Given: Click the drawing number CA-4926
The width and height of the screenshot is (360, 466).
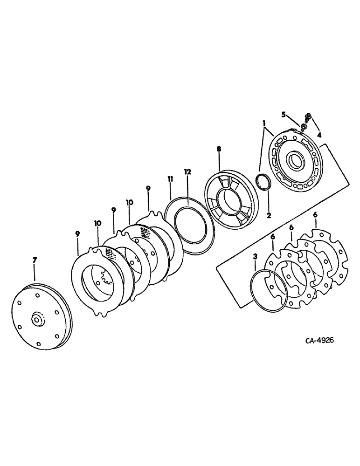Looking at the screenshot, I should pos(313,341).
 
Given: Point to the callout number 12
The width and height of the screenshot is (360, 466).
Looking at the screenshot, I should pos(187,172).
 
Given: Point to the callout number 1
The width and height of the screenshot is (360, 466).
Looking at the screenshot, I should pos(264,123).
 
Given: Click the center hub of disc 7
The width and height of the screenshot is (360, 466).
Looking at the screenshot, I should pos(36,321).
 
